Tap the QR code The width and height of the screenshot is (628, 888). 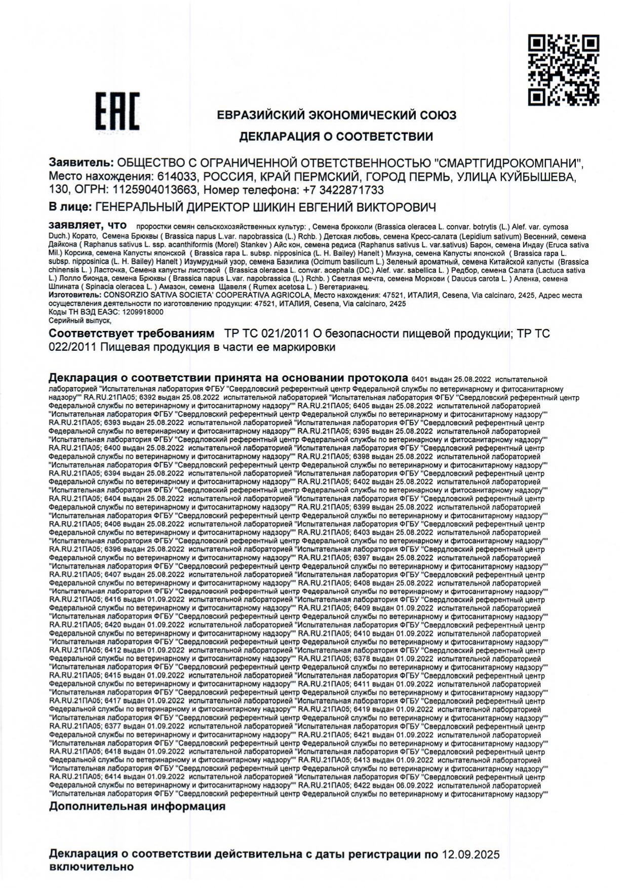pyautogui.click(x=564, y=69)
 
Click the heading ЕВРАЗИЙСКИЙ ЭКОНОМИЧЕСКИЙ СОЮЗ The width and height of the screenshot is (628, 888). pyautogui.click(x=336, y=115)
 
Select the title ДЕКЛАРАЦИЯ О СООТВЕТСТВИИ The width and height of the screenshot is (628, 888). pyautogui.click(x=336, y=137)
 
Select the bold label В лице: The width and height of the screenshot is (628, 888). pyautogui.click(x=70, y=207)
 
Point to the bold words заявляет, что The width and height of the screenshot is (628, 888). pyautogui.click(x=87, y=225)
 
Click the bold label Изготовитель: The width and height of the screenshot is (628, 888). pyautogui.click(x=74, y=295)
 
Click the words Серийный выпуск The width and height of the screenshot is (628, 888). pyautogui.click(x=78, y=321)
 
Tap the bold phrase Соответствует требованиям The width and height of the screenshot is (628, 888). pyautogui.click(x=132, y=334)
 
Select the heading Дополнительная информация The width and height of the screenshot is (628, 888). pyautogui.click(x=137, y=807)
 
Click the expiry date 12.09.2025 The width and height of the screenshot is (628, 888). pyautogui.click(x=470, y=855)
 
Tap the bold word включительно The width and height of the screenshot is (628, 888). pyautogui.click(x=91, y=867)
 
